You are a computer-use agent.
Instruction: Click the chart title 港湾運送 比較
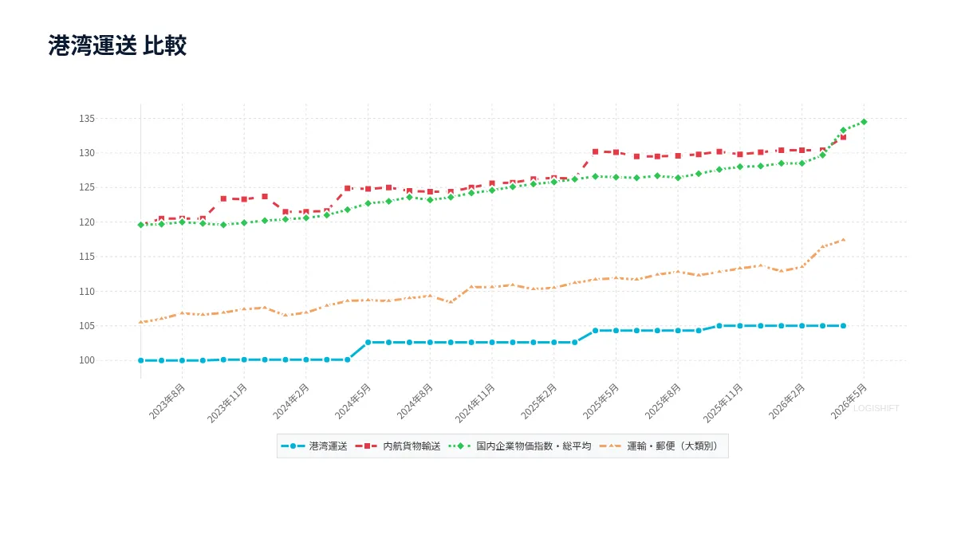[117, 45]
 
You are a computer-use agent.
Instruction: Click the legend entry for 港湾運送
[314, 446]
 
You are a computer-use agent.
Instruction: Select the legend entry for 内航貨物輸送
[398, 446]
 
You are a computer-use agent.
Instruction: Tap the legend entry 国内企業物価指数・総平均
[520, 446]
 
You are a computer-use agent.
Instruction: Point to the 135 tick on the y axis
[87, 119]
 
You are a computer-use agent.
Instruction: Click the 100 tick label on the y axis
[87, 360]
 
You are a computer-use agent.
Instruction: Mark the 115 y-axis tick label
[87, 257]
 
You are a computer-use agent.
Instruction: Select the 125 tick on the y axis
[87, 187]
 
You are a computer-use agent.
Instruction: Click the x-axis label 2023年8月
[167, 402]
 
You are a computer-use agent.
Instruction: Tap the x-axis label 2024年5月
[352, 402]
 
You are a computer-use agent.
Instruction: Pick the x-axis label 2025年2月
[539, 402]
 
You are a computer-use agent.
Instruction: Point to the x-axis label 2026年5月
[849, 402]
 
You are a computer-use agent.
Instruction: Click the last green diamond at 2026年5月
[864, 122]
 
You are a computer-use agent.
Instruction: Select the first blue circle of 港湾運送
[141, 361]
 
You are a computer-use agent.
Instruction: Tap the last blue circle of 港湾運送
[844, 326]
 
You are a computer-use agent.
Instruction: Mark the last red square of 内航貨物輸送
[844, 137]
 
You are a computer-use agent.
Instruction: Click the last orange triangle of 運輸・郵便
[844, 240]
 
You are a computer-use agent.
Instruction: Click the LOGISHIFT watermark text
[876, 409]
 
